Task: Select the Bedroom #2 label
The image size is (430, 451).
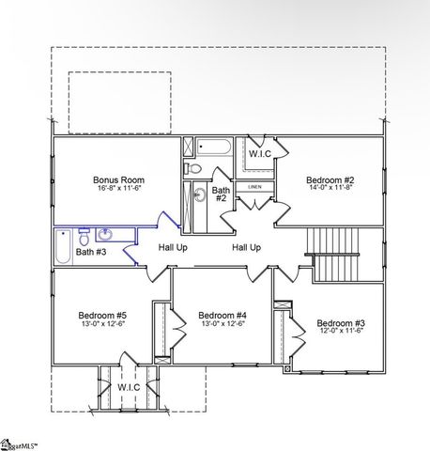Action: (x=329, y=179)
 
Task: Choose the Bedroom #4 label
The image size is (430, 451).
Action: (x=223, y=315)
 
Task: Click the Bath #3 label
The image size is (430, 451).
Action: (x=91, y=252)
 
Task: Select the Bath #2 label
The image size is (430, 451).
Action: (x=220, y=194)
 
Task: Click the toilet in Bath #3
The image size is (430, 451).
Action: (x=84, y=235)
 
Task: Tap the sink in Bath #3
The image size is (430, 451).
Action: (x=105, y=234)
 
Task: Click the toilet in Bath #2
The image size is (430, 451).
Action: (x=192, y=168)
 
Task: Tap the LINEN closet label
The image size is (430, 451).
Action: (x=255, y=188)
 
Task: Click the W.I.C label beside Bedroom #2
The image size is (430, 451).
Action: (x=260, y=154)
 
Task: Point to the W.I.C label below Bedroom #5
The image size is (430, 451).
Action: (x=128, y=386)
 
